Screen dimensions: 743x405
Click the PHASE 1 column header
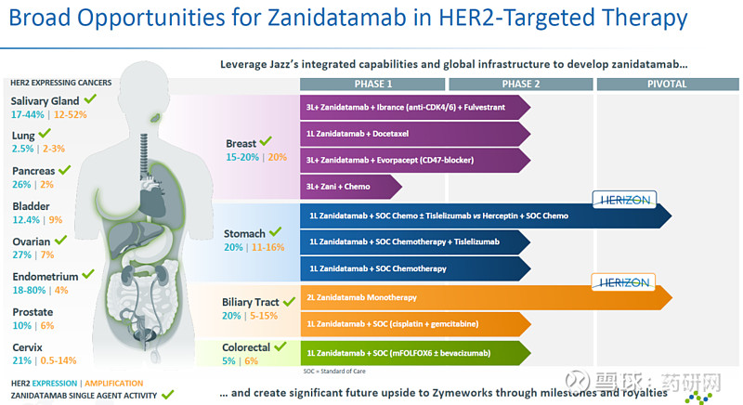pos(372,85)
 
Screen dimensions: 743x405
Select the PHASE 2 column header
pos(521,85)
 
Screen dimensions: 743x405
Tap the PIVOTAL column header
pos(667,85)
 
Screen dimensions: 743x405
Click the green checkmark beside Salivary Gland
pos(90,99)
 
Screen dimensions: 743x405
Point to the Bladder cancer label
pos(31,206)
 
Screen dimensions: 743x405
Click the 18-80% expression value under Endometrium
pos(29,290)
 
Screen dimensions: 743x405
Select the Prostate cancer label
pos(33,312)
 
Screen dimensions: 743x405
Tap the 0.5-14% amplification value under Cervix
pos(59,360)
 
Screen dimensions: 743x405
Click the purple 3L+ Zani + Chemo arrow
pos(351,187)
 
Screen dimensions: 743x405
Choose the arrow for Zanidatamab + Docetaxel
pos(415,134)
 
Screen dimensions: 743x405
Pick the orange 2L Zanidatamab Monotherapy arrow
pos(486,297)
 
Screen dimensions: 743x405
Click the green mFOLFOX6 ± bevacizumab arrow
pos(415,353)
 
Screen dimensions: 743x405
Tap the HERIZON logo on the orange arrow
pos(623,282)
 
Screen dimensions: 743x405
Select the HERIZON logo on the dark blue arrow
pos(624,200)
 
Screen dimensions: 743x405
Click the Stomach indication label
pos(244,233)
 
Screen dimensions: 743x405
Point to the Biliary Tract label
pos(250,302)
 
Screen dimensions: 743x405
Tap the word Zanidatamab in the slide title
pos(337,18)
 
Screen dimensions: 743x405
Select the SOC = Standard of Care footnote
pos(334,372)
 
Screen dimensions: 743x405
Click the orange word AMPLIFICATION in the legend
pos(113,384)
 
